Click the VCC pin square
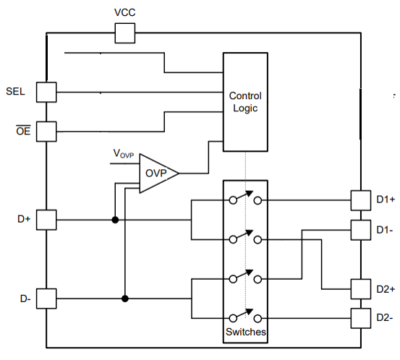125,33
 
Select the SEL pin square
46,92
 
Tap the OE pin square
46,132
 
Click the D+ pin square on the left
46,219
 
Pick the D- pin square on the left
46,298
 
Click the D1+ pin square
360,200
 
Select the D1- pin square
360,230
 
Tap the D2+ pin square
360,289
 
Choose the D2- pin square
360,317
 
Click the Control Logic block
245,102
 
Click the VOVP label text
123,153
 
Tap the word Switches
245,333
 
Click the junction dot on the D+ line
114,219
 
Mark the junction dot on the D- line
125,298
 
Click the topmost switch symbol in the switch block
245,199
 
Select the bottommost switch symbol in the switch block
245,316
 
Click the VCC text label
124,14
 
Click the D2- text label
385,317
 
